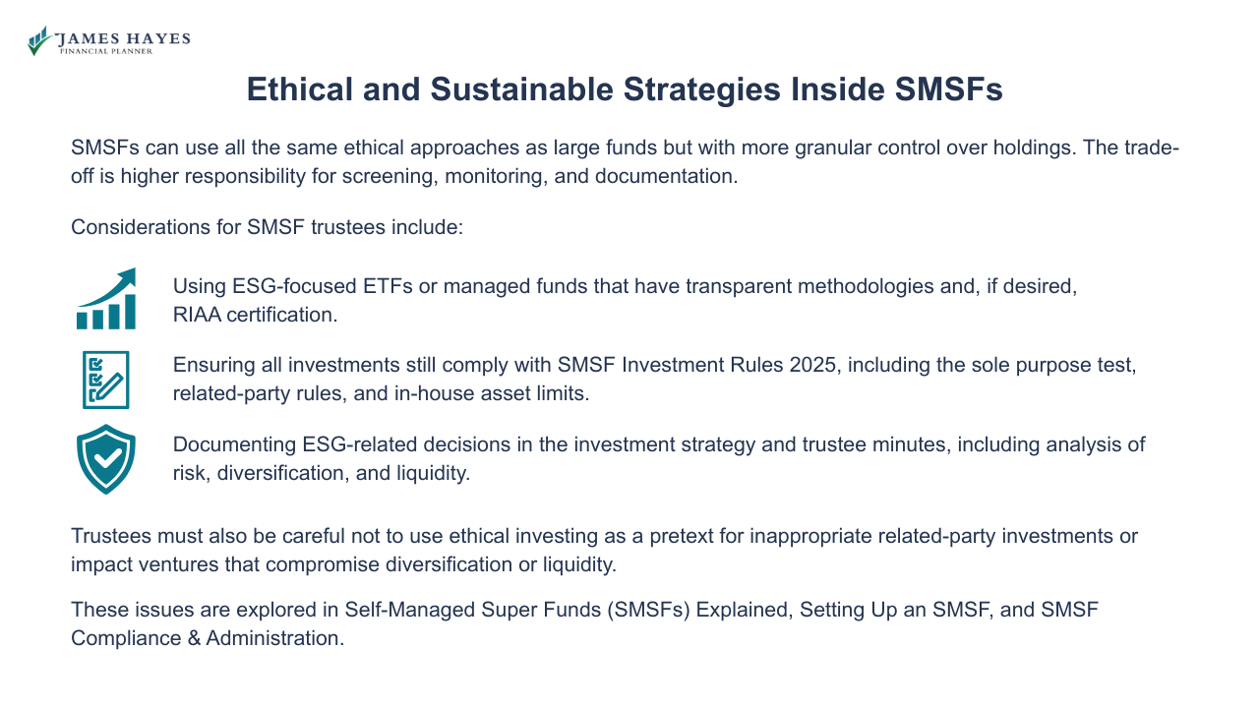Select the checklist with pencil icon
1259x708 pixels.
point(106,380)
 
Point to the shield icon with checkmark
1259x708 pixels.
point(106,458)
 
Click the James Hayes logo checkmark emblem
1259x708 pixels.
point(39,40)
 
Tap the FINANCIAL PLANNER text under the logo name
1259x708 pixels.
point(105,51)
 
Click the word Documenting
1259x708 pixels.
point(231,444)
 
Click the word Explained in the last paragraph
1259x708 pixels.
point(742,610)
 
